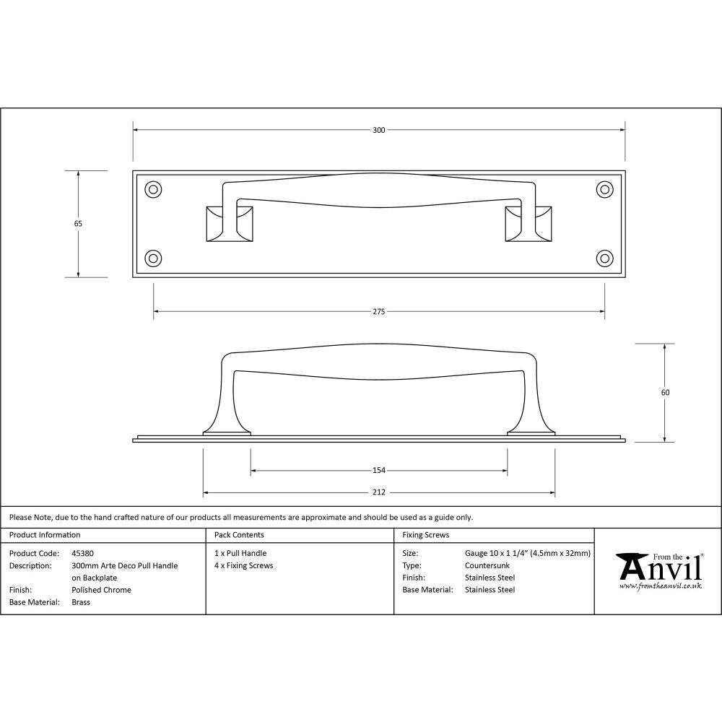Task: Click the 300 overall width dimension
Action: click(x=378, y=130)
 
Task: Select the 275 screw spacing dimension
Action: click(x=378, y=312)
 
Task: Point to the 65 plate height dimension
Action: click(x=78, y=224)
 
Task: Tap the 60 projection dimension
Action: click(x=665, y=393)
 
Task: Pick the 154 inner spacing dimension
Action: click(x=378, y=471)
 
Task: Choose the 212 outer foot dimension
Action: click(x=378, y=492)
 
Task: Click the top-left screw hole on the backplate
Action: click(x=153, y=189)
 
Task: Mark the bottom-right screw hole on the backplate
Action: click(x=604, y=258)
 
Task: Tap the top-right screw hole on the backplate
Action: click(x=604, y=189)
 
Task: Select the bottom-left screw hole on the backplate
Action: click(x=153, y=258)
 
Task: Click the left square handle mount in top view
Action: click(x=230, y=223)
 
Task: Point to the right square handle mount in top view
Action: click(x=529, y=223)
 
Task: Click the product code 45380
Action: click(x=83, y=553)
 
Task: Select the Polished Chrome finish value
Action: click(x=102, y=590)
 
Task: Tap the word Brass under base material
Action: click(x=81, y=602)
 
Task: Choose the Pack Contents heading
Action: click(x=239, y=535)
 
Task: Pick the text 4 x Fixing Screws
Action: click(x=244, y=565)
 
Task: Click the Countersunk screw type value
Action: click(x=488, y=565)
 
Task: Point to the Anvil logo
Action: click(x=658, y=571)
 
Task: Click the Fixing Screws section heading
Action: click(x=425, y=535)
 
